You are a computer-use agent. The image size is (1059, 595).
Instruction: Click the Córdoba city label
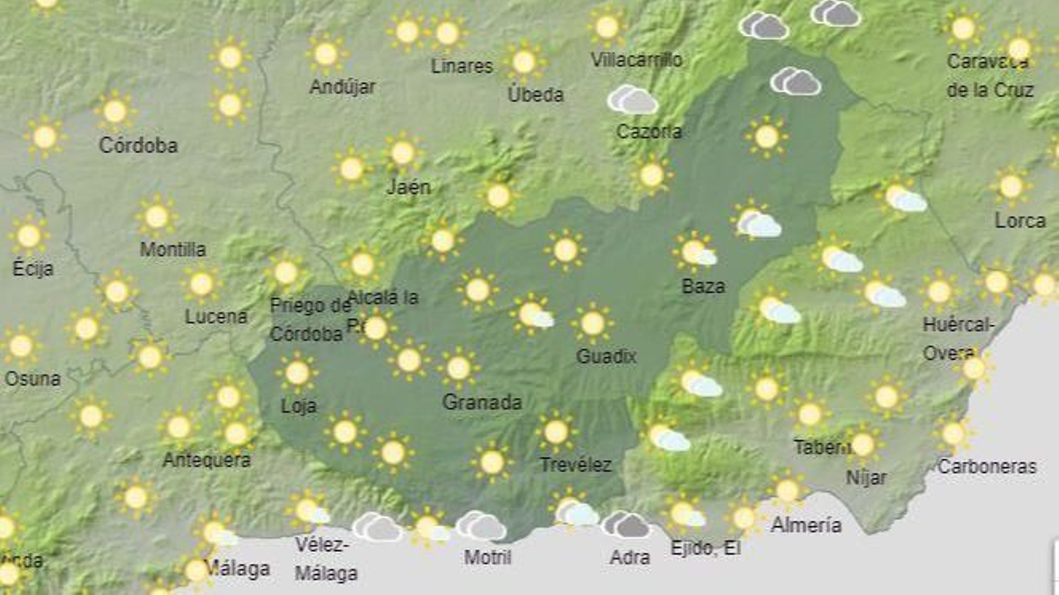point(138,145)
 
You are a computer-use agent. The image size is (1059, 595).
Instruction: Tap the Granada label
point(482,402)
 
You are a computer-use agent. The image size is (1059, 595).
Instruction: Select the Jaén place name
point(408,187)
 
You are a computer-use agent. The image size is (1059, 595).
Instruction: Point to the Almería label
point(806,525)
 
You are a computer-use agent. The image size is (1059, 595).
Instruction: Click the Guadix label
point(606,356)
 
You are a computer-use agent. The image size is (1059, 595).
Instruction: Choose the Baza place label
point(703,286)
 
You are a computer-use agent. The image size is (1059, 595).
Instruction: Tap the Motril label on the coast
point(488,557)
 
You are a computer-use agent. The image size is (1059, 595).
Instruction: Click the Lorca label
point(1020,221)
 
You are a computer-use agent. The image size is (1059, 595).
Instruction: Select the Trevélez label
point(575,465)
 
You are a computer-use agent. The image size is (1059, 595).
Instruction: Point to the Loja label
point(299,405)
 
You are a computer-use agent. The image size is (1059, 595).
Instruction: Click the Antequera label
point(207,459)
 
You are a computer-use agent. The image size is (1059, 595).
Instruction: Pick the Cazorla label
point(649,132)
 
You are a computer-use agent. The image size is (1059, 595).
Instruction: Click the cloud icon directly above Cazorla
point(633,100)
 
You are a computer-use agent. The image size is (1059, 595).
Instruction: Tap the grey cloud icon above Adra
point(626,524)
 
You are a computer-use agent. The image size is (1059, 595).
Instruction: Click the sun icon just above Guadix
point(592,323)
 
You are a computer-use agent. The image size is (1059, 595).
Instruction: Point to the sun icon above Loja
point(297,373)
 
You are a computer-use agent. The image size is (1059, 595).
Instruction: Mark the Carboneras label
point(987,466)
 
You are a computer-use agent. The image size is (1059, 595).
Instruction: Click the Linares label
point(462,66)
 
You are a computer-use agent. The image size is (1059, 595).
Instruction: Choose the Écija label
point(32,268)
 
